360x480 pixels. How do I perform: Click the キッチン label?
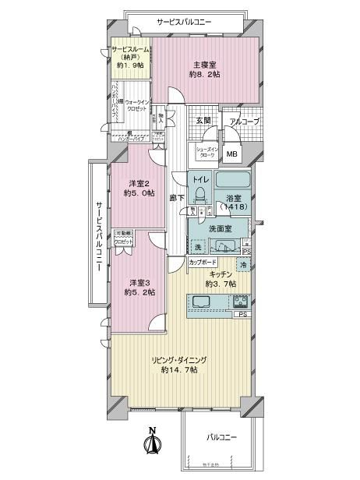[x=221, y=274]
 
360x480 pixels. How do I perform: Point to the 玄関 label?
[x=203, y=120]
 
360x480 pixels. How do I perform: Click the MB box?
[x=231, y=154]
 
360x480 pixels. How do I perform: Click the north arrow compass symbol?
[x=154, y=444]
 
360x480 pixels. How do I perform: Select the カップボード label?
[x=203, y=263]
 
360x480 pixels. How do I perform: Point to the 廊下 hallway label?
[x=177, y=198]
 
